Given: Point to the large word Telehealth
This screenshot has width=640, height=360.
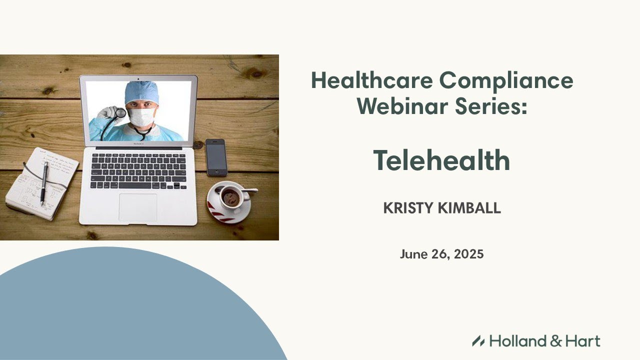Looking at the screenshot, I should tap(441, 161).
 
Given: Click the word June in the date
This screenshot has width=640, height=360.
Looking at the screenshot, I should tap(412, 254).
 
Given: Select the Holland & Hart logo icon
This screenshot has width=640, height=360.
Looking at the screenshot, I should tap(478, 341).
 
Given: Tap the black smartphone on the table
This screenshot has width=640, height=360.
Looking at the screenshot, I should tap(216, 157).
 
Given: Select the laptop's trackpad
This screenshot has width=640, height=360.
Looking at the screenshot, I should tap(137, 207).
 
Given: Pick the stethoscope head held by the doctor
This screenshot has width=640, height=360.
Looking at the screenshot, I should tap(120, 113).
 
